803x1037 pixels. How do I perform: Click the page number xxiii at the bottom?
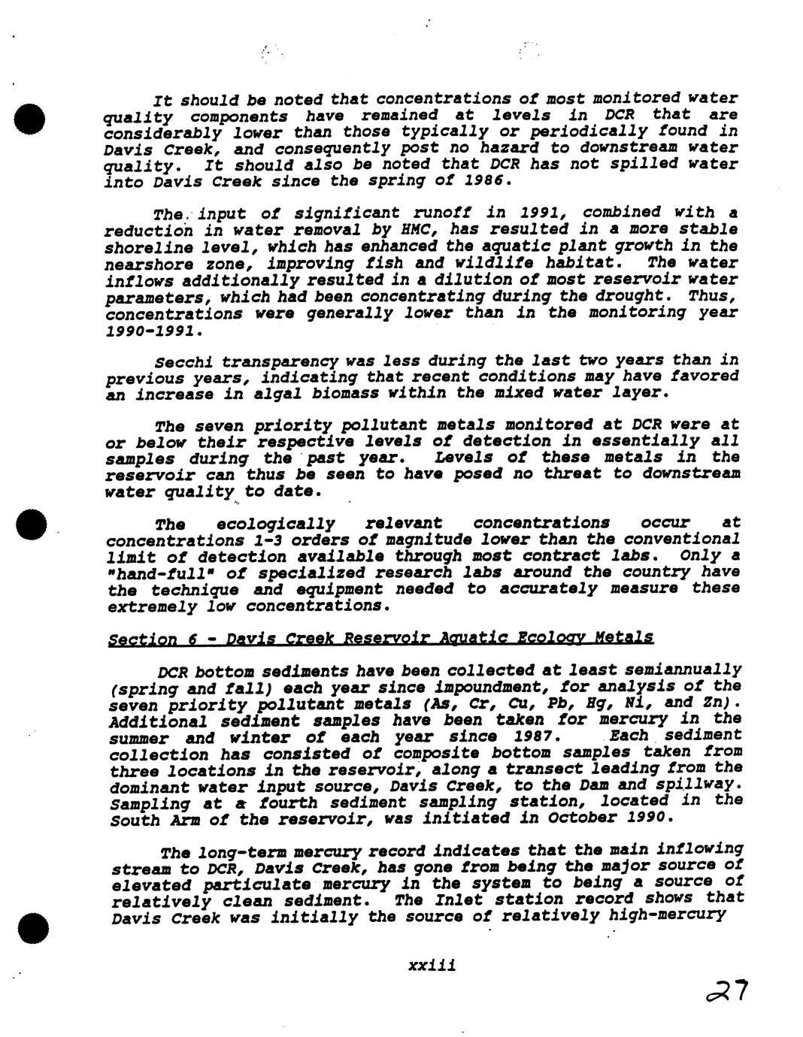click(x=432, y=966)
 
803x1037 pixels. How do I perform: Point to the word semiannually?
click(x=683, y=670)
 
